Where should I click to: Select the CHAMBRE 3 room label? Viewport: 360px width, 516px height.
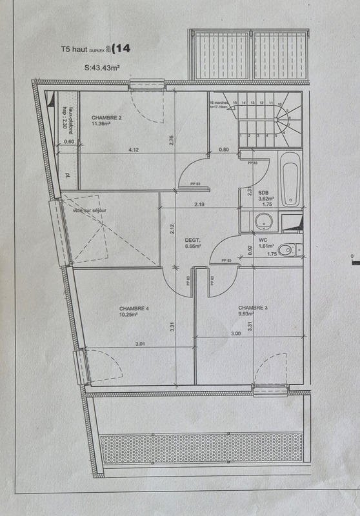(252, 308)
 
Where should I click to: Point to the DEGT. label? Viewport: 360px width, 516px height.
(193, 237)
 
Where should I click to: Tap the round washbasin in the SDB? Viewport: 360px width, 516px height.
(263, 222)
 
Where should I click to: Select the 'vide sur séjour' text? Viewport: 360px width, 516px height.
(90, 211)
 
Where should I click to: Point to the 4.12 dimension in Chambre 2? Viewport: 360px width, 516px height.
(134, 150)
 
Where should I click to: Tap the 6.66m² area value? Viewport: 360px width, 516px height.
(194, 246)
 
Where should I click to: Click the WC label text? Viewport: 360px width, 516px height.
(263, 239)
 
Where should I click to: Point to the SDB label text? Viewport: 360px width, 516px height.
(264, 192)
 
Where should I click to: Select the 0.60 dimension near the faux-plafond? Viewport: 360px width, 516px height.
(69, 141)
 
